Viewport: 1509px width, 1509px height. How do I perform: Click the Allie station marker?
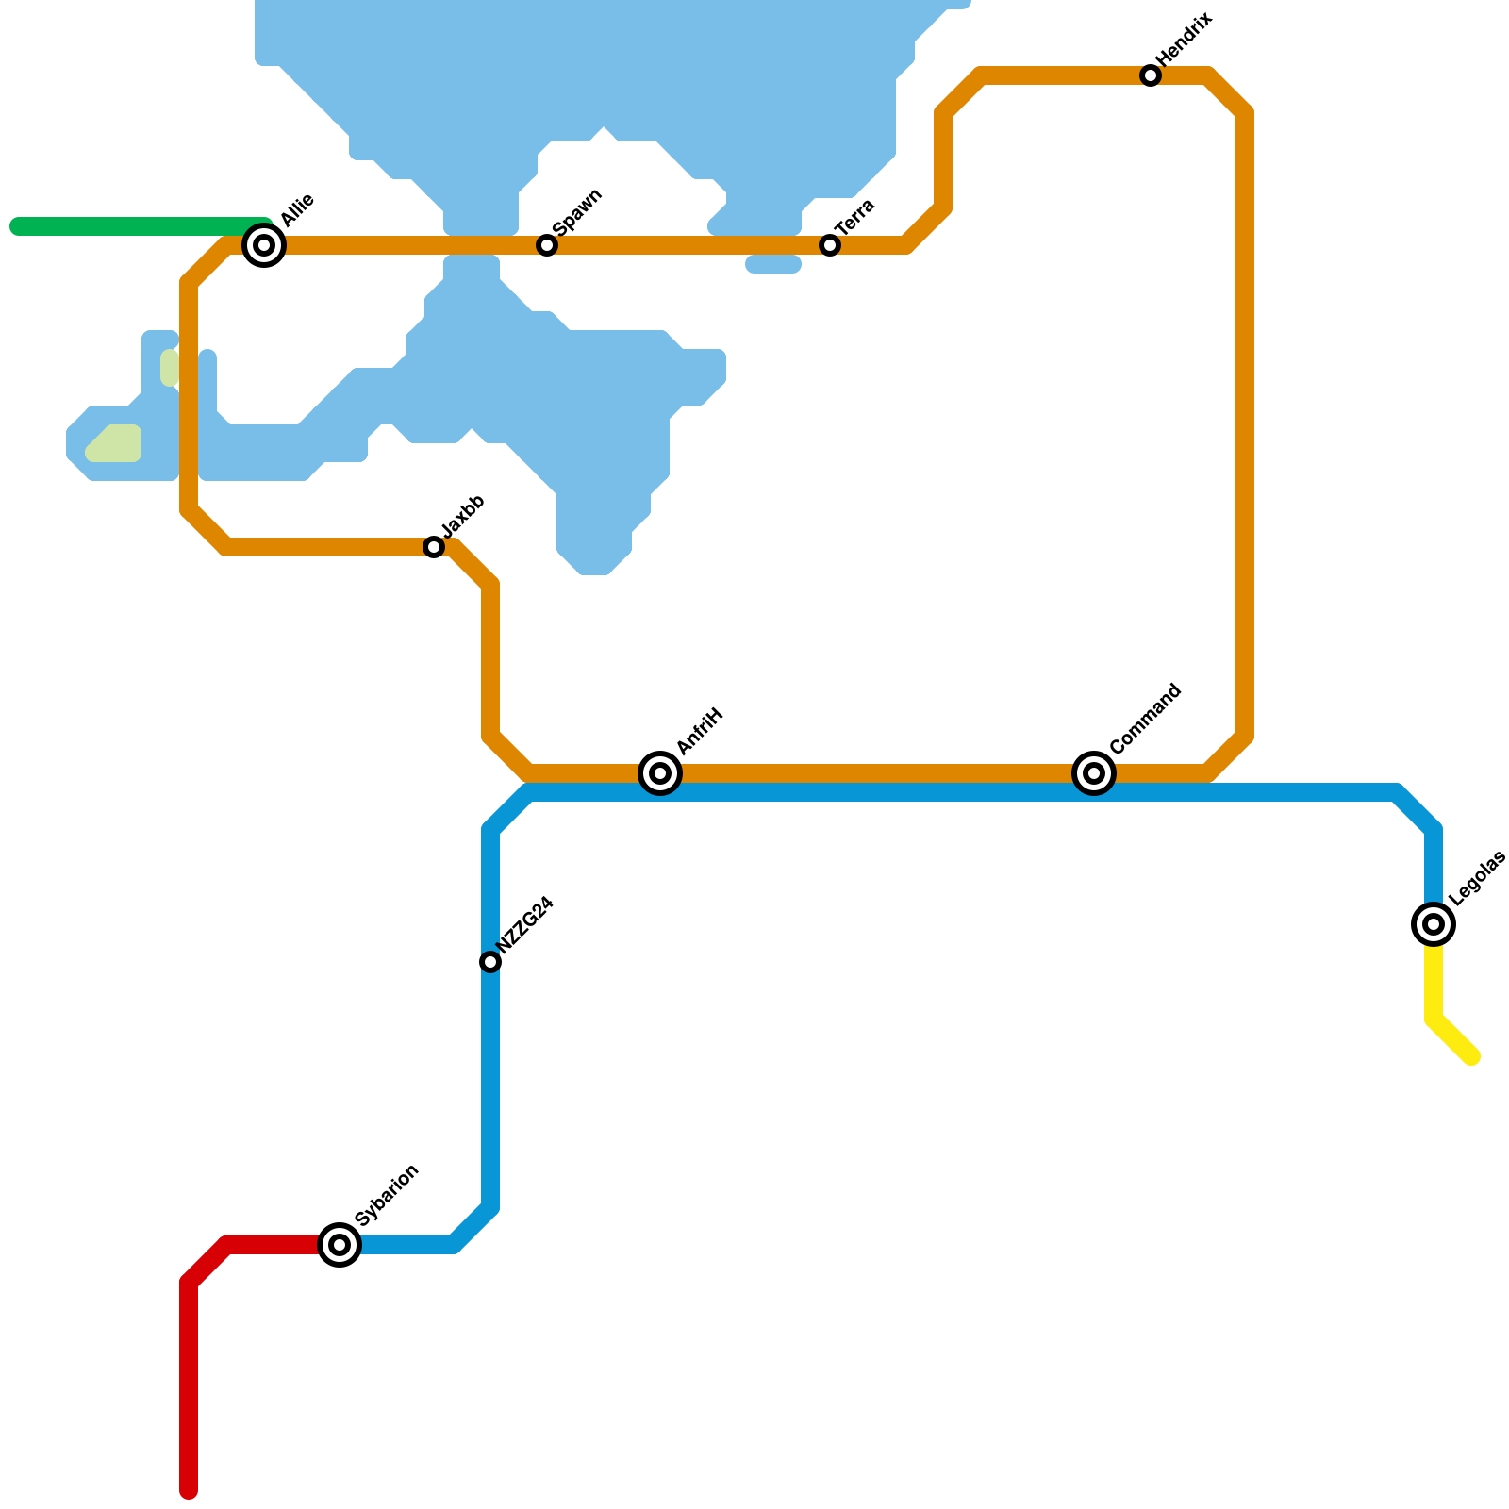(265, 245)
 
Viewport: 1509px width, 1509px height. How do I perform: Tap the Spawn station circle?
(547, 245)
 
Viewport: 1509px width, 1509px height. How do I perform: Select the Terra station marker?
(830, 245)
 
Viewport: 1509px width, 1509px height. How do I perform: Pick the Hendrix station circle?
(1151, 75)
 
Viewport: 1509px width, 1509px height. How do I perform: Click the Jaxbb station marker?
(434, 547)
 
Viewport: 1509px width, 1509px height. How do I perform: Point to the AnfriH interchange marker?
(660, 773)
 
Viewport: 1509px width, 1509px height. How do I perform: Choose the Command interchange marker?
(1094, 773)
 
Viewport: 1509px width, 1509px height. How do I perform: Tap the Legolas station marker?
(1434, 924)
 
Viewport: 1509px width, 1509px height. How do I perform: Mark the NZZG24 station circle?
(490, 962)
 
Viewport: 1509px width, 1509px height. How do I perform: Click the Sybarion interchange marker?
(340, 1245)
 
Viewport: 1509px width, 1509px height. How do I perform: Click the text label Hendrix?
(1185, 40)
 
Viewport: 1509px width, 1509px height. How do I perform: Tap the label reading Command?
(1145, 719)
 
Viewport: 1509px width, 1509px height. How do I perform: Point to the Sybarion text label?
(387, 1196)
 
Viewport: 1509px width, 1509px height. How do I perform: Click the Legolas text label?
(1477, 879)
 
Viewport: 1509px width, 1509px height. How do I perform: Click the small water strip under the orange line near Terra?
(773, 265)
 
